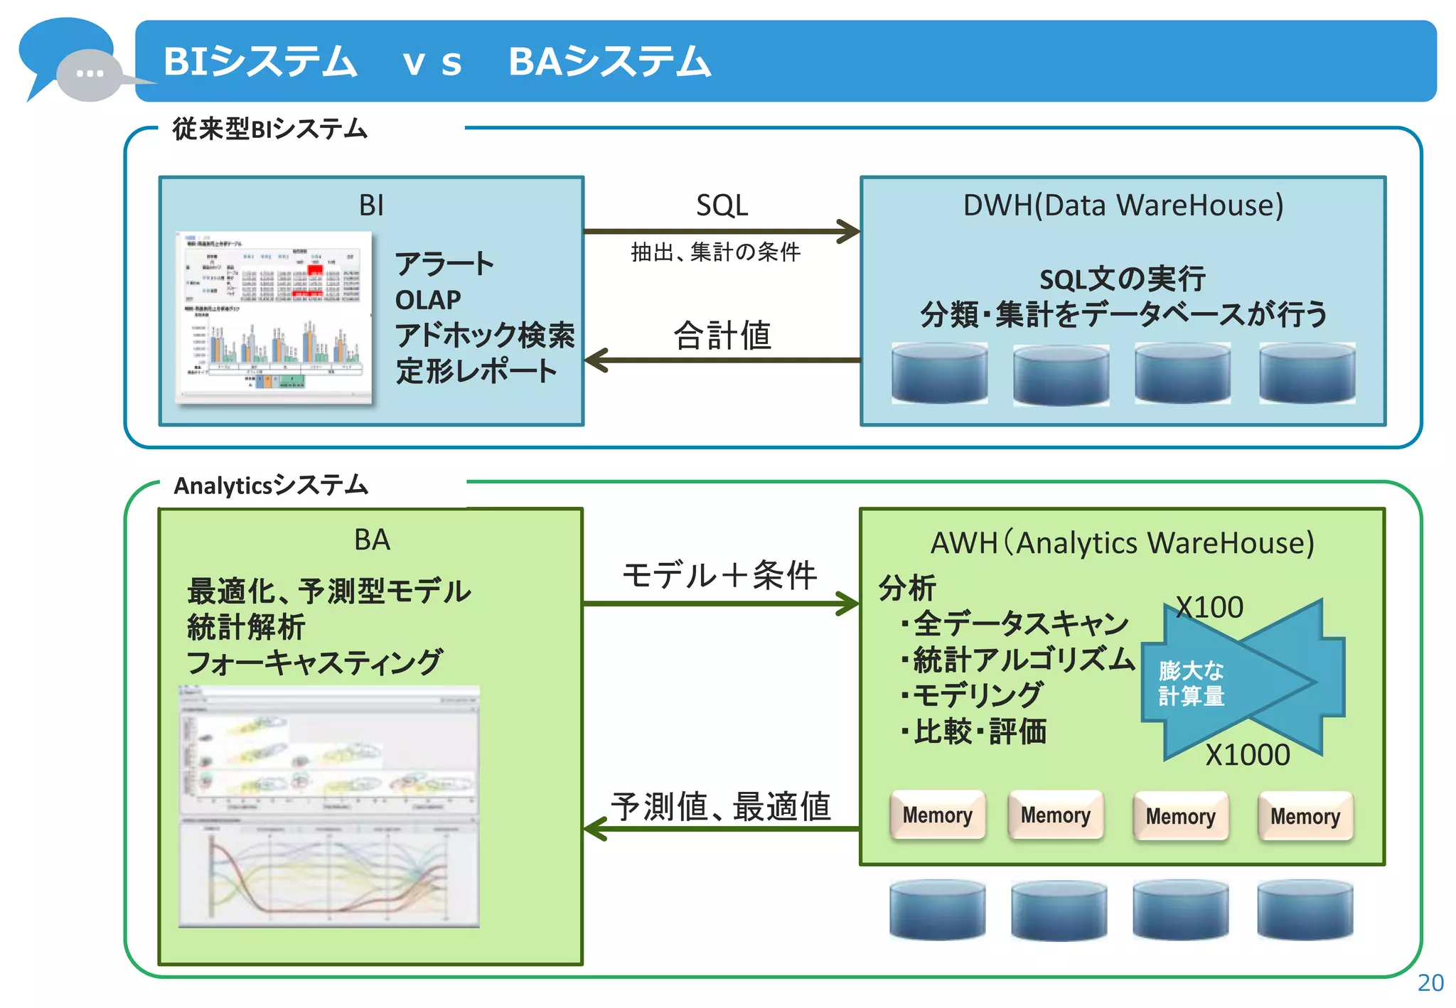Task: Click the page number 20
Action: point(1430,982)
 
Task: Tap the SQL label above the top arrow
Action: point(722,205)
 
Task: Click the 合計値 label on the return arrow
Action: point(722,336)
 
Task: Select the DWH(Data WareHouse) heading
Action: point(1123,205)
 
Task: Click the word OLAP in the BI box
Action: point(428,300)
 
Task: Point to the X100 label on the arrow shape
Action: point(1209,608)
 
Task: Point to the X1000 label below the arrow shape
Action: point(1248,755)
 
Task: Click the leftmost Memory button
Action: point(937,815)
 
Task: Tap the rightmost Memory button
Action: point(1305,816)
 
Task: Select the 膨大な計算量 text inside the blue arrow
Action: point(1192,683)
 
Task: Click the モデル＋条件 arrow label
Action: point(719,574)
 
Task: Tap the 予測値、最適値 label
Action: point(720,807)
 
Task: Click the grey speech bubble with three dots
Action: point(90,74)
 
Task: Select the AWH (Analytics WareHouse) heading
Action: point(1123,543)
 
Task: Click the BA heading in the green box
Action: point(372,540)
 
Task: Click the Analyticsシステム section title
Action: point(271,486)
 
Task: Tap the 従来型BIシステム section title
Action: point(269,129)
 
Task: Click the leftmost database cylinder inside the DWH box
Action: point(939,373)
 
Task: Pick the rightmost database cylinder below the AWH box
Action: point(1305,910)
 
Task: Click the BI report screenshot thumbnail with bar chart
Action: point(274,318)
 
